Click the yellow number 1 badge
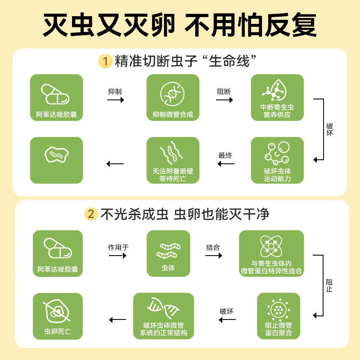105,61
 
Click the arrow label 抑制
115,91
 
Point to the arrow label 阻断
224,91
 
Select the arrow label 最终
225,156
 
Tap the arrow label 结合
213,247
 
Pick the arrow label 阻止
329,286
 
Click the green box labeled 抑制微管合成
173,98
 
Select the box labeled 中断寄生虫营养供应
277,98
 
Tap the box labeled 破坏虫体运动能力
277,160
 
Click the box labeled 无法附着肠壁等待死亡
173,160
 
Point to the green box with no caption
56,160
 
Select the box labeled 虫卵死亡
58,315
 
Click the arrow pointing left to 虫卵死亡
118,320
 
